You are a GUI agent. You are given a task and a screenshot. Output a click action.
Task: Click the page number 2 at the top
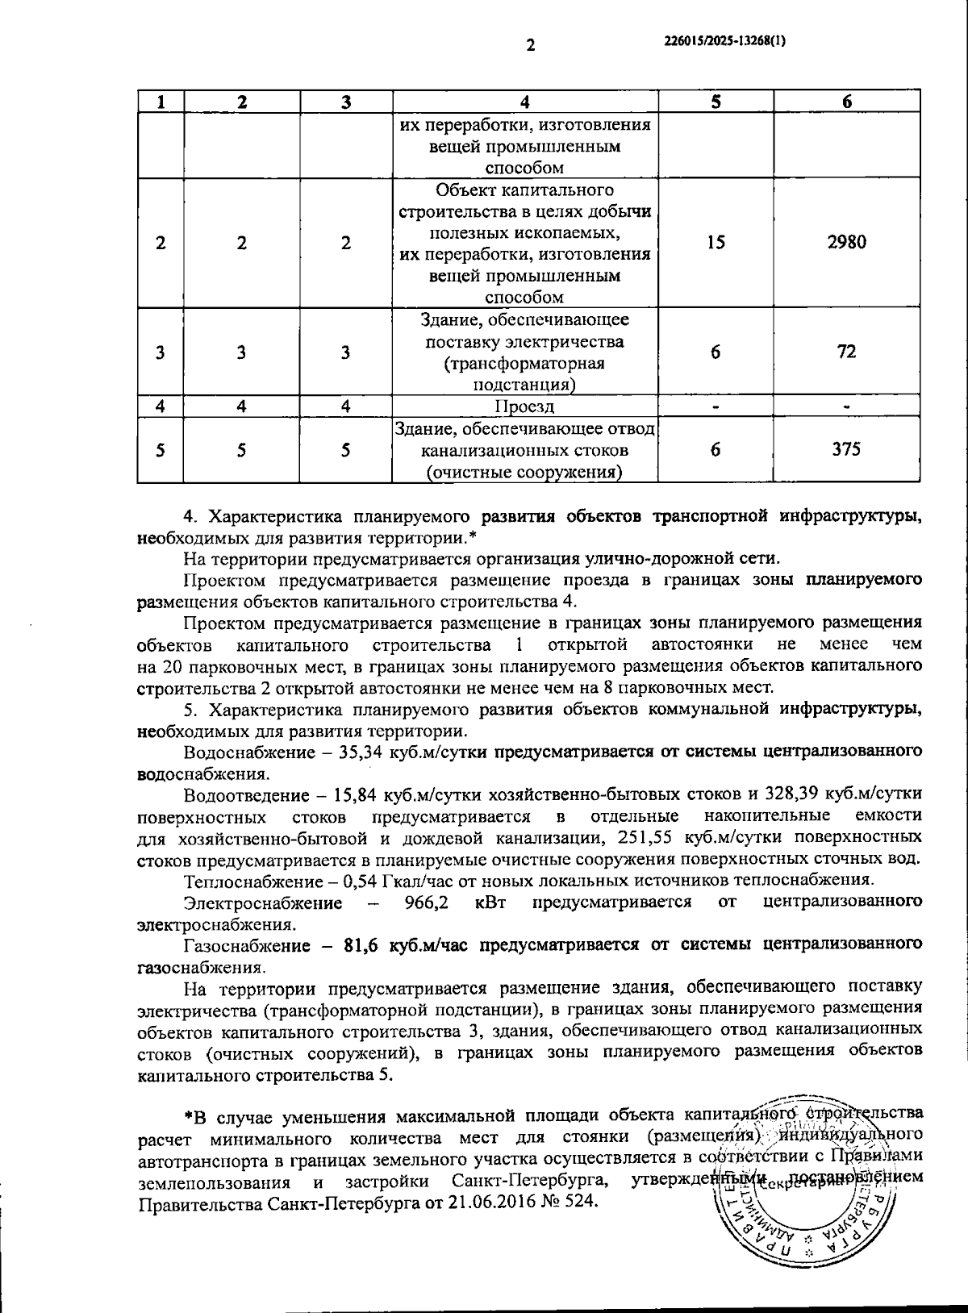tap(530, 46)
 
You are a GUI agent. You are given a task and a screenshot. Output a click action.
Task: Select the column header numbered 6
tap(846, 102)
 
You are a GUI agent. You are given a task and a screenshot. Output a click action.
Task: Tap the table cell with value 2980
tap(846, 242)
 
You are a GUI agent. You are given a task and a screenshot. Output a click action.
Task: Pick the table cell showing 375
tap(846, 449)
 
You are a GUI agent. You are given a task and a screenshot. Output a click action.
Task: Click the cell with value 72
tap(846, 352)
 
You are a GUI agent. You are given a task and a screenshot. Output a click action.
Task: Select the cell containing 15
tap(716, 242)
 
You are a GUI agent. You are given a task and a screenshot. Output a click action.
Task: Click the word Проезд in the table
tap(524, 406)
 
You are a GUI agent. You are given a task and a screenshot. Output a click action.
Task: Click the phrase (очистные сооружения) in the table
tap(524, 471)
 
